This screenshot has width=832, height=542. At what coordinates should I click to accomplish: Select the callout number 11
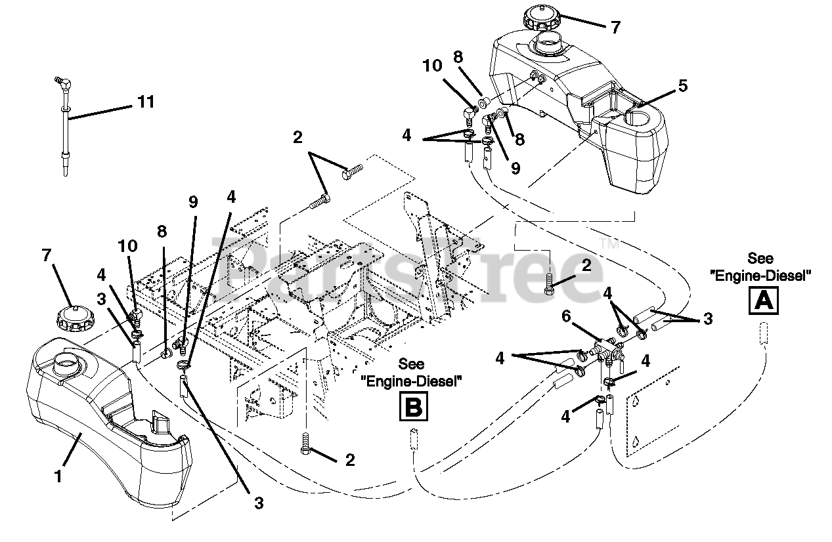[x=146, y=102]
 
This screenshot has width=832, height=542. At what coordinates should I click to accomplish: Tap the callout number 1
[x=58, y=476]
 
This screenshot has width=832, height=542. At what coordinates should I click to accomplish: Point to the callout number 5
[x=683, y=85]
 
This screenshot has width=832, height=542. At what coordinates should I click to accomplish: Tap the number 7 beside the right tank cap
[x=615, y=28]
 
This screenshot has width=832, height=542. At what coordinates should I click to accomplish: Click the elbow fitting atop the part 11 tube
[x=62, y=83]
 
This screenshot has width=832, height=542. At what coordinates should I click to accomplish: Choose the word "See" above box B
[x=412, y=364]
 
